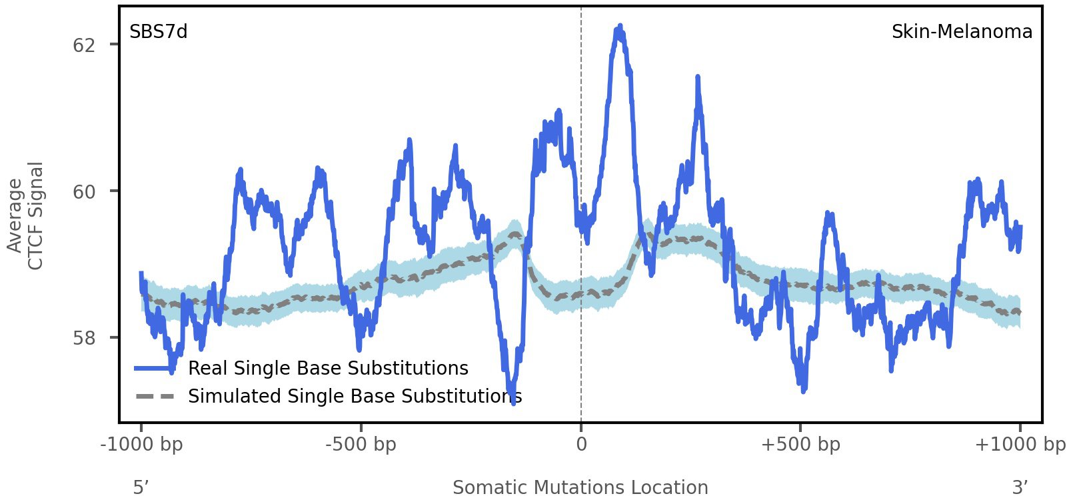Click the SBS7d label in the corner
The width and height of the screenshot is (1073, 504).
(x=158, y=31)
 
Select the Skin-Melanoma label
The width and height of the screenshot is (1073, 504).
(x=962, y=31)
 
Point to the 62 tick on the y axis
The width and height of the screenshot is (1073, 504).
(x=84, y=45)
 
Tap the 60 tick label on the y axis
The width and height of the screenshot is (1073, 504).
(x=84, y=192)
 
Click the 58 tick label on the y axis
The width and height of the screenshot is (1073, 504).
(x=84, y=338)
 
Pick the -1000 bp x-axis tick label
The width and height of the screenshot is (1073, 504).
(x=141, y=444)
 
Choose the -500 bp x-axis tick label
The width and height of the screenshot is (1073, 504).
(x=361, y=444)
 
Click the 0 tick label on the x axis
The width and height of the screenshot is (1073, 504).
(x=581, y=444)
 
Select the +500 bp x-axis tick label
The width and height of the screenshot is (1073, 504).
(x=800, y=444)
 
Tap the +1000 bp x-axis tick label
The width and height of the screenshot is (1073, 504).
(x=1020, y=444)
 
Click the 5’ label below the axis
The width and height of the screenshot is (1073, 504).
(x=141, y=488)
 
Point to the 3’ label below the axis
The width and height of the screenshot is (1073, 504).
(x=1020, y=488)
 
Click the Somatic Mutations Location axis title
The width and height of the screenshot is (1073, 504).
(x=580, y=488)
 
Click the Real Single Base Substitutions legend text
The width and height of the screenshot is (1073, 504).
(x=328, y=369)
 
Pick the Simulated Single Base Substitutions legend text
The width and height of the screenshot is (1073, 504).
(x=355, y=397)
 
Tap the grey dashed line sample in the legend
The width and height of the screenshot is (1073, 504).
(x=155, y=397)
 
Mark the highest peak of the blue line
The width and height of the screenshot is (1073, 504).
(x=620, y=27)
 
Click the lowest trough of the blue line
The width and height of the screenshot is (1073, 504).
(x=513, y=402)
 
